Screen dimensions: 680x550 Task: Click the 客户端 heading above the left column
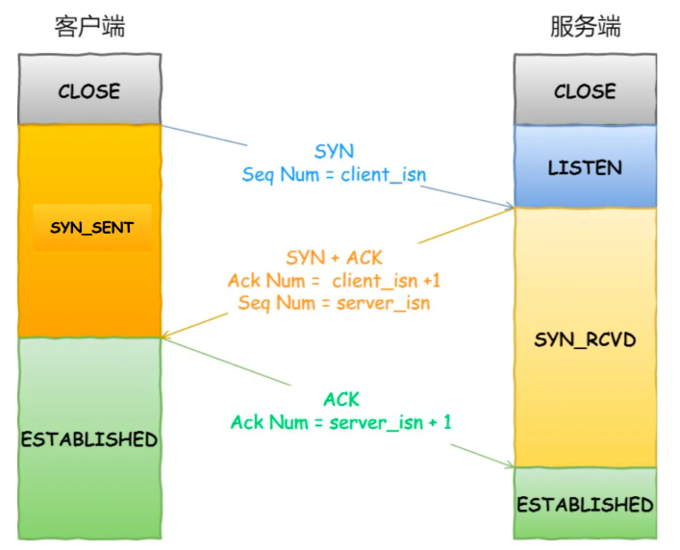point(89,26)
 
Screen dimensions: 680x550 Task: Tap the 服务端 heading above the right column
point(586,26)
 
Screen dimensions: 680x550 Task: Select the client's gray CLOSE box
point(89,89)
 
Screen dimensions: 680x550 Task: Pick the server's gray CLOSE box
point(585,89)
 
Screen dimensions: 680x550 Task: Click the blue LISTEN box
point(585,166)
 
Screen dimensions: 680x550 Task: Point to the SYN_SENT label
point(92,228)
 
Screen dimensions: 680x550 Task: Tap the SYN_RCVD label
point(585,339)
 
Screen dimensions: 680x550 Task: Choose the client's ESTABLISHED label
point(89,439)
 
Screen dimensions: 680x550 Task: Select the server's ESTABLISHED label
point(585,505)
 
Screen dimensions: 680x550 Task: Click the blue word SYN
point(334,151)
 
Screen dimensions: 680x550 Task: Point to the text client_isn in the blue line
point(384,175)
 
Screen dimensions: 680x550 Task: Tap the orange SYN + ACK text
point(334,258)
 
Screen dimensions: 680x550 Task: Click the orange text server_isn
point(384,303)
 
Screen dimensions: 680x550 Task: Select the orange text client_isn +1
point(386,281)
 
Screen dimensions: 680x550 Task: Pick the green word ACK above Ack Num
point(341,400)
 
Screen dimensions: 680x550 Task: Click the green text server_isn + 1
point(390,422)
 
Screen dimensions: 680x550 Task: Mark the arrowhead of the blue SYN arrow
point(510,205)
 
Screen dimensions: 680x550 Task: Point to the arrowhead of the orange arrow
point(165,335)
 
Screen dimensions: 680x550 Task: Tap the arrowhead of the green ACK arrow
point(510,465)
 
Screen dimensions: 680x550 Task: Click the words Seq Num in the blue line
point(281,175)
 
